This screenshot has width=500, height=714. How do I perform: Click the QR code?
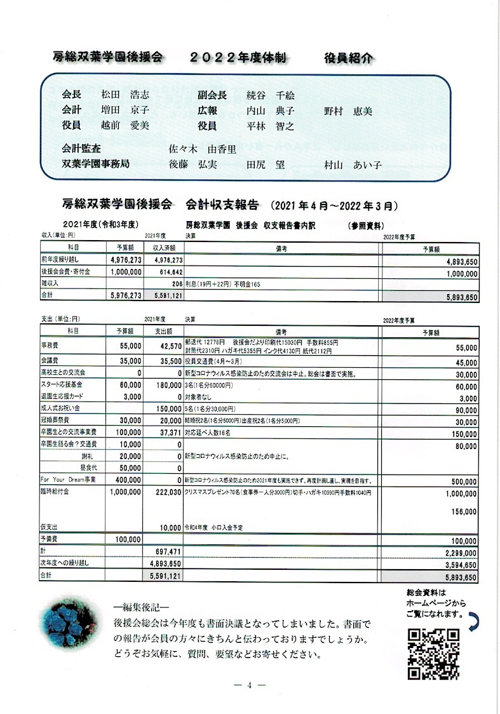(x=433, y=654)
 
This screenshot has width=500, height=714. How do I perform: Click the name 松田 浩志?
(x=126, y=95)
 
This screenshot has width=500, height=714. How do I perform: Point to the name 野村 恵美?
(x=348, y=111)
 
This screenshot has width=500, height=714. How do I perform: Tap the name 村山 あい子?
(x=353, y=165)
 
